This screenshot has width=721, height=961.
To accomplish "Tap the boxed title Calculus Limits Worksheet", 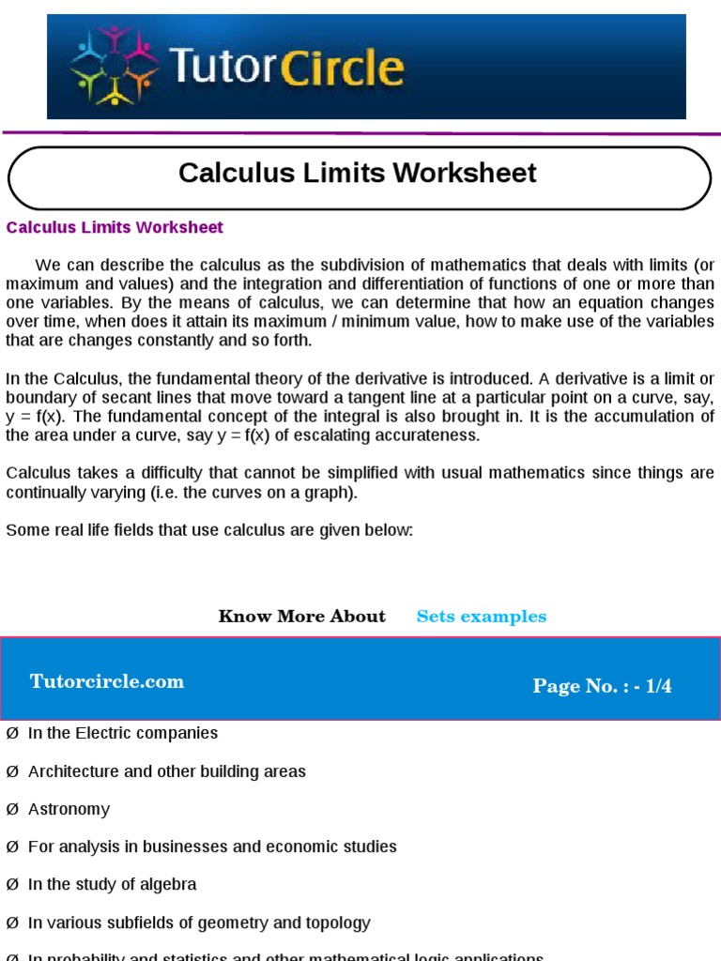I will [358, 174].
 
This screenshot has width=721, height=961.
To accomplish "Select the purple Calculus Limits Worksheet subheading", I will [115, 227].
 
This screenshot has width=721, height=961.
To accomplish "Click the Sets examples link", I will [481, 617].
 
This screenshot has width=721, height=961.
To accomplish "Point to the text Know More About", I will [301, 617].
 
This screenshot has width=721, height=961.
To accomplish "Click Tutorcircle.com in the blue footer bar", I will [107, 682].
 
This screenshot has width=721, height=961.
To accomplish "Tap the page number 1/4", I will [655, 686].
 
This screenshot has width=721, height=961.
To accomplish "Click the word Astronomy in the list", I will [69, 809].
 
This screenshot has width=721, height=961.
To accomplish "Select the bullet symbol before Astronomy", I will [12, 809].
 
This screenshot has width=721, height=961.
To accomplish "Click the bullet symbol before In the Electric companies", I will [12, 733].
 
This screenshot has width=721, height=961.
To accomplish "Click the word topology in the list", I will [336, 923].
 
